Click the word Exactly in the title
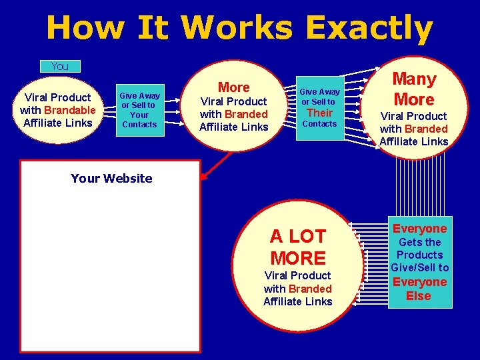369,28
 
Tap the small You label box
59,66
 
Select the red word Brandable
70,110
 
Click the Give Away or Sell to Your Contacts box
139,110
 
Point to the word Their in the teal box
319,112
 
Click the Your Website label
111,178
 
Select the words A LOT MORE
298,247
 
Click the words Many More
413,89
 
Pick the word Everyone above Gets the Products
419,229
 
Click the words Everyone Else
419,289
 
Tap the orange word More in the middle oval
233,87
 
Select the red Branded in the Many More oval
426,129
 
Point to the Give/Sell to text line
419,267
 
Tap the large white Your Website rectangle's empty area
110,267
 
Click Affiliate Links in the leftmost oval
57,123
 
